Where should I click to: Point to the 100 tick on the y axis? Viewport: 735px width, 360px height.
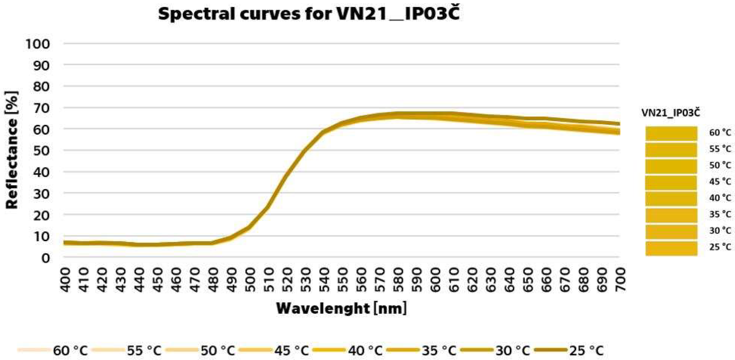point(38,44)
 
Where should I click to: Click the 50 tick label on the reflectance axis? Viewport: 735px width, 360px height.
point(42,151)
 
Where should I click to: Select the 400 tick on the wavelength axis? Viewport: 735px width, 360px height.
point(65,280)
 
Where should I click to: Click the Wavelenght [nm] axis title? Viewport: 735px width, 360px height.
point(342,308)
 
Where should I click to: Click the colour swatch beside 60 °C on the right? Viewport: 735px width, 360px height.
point(671,133)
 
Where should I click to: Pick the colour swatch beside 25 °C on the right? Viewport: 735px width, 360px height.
point(671,248)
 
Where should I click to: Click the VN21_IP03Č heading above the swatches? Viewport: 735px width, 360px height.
point(671,113)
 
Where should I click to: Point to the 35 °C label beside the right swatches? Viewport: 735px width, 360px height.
point(720,214)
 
